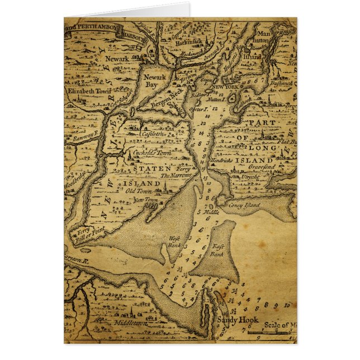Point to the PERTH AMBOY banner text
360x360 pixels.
(x=98, y=26)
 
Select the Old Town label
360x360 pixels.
(x=138, y=191)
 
